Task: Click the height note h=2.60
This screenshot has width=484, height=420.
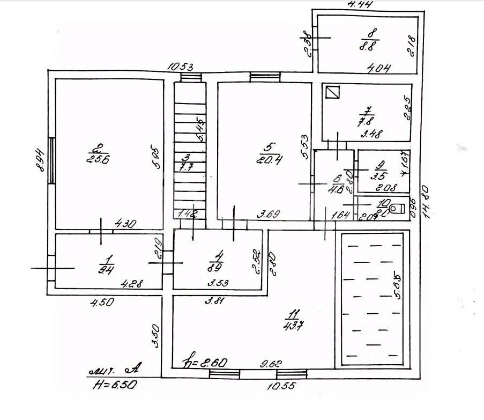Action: (205, 362)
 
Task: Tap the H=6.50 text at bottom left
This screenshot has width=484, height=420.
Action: (115, 385)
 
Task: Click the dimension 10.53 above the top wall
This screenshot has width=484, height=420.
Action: (180, 67)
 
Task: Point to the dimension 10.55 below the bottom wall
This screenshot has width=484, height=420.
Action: (280, 385)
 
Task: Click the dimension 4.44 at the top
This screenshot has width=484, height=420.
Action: (360, 5)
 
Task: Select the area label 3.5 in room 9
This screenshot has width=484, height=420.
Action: (381, 175)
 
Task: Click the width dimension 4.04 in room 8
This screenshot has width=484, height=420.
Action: (378, 68)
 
